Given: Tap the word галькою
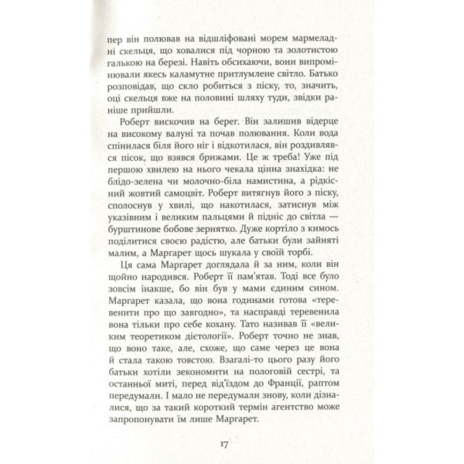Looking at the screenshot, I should [x=122, y=64].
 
